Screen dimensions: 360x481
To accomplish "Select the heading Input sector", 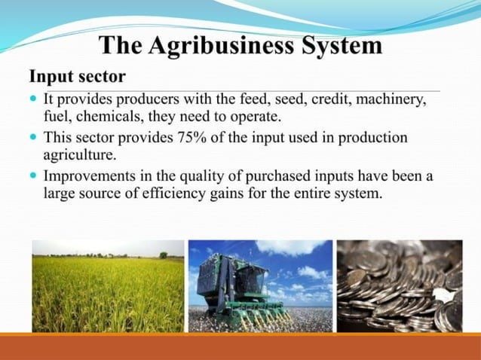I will coord(77,77).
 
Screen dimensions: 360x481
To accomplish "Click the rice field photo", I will coord(107,286).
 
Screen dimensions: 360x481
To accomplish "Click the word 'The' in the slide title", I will coord(122,47).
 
